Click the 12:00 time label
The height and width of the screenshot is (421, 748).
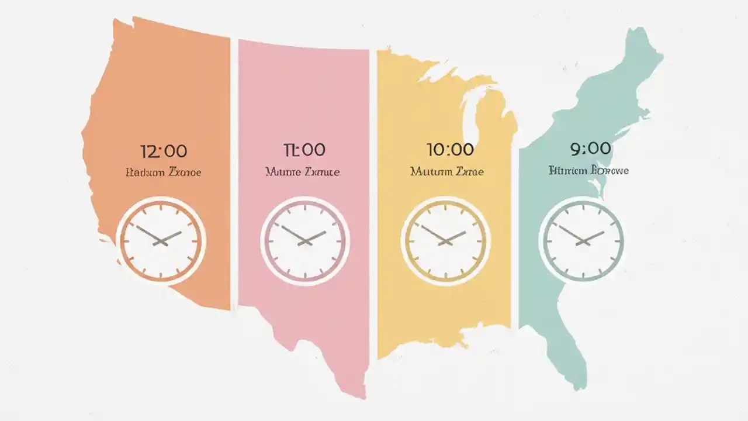(164, 151)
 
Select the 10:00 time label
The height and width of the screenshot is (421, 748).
(449, 150)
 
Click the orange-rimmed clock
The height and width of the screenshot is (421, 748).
(160, 240)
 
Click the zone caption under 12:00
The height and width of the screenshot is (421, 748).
(164, 172)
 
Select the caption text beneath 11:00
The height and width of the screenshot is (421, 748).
(303, 172)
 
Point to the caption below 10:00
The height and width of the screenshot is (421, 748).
(448, 172)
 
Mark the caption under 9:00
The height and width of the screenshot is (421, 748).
(589, 171)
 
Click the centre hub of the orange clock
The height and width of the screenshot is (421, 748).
(160, 240)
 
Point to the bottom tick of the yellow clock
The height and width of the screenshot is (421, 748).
(445, 274)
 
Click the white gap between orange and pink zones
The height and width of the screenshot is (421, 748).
(234, 175)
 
